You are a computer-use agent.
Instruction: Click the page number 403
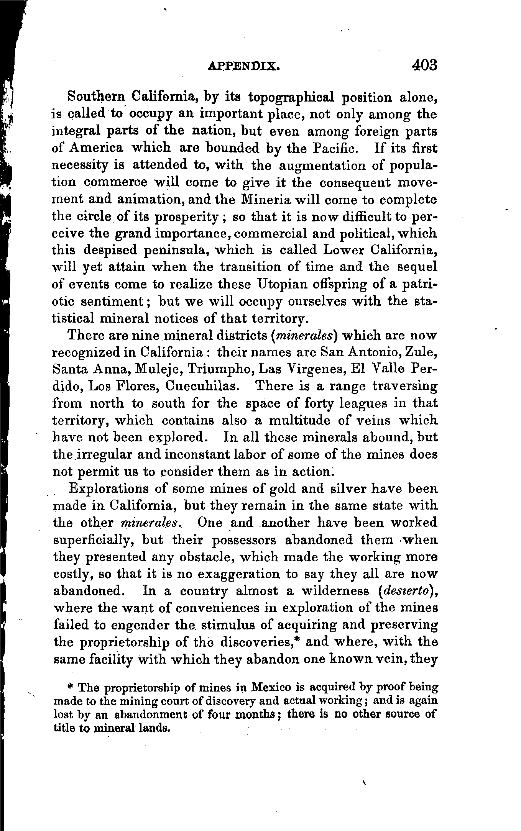[425, 65]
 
